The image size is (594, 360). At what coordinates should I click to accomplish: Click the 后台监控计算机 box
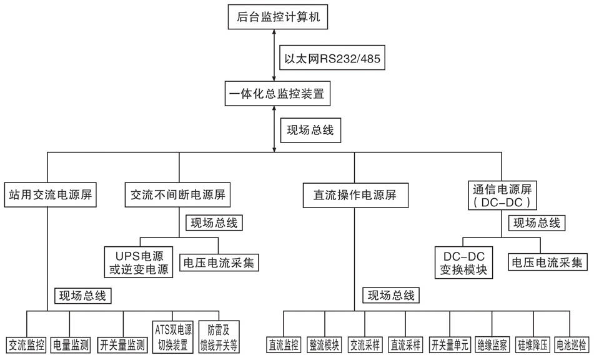point(275,16)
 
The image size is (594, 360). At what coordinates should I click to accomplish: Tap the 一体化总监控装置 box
point(275,96)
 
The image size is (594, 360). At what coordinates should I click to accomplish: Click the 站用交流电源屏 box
point(48,194)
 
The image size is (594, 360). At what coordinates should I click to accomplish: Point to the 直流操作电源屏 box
point(354,194)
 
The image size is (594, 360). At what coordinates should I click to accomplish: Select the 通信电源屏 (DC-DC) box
point(502,195)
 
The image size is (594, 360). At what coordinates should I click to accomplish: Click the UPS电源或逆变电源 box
point(138,262)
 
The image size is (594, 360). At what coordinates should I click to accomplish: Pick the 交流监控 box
point(26,344)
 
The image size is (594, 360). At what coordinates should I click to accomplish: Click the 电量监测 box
point(69,344)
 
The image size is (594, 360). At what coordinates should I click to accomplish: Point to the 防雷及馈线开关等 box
point(218,337)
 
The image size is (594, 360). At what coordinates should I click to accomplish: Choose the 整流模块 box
point(324,344)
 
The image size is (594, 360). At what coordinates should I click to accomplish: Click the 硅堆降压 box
point(533,344)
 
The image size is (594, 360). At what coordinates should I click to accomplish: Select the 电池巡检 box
point(571,344)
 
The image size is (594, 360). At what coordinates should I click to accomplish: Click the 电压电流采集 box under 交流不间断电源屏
point(219,262)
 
